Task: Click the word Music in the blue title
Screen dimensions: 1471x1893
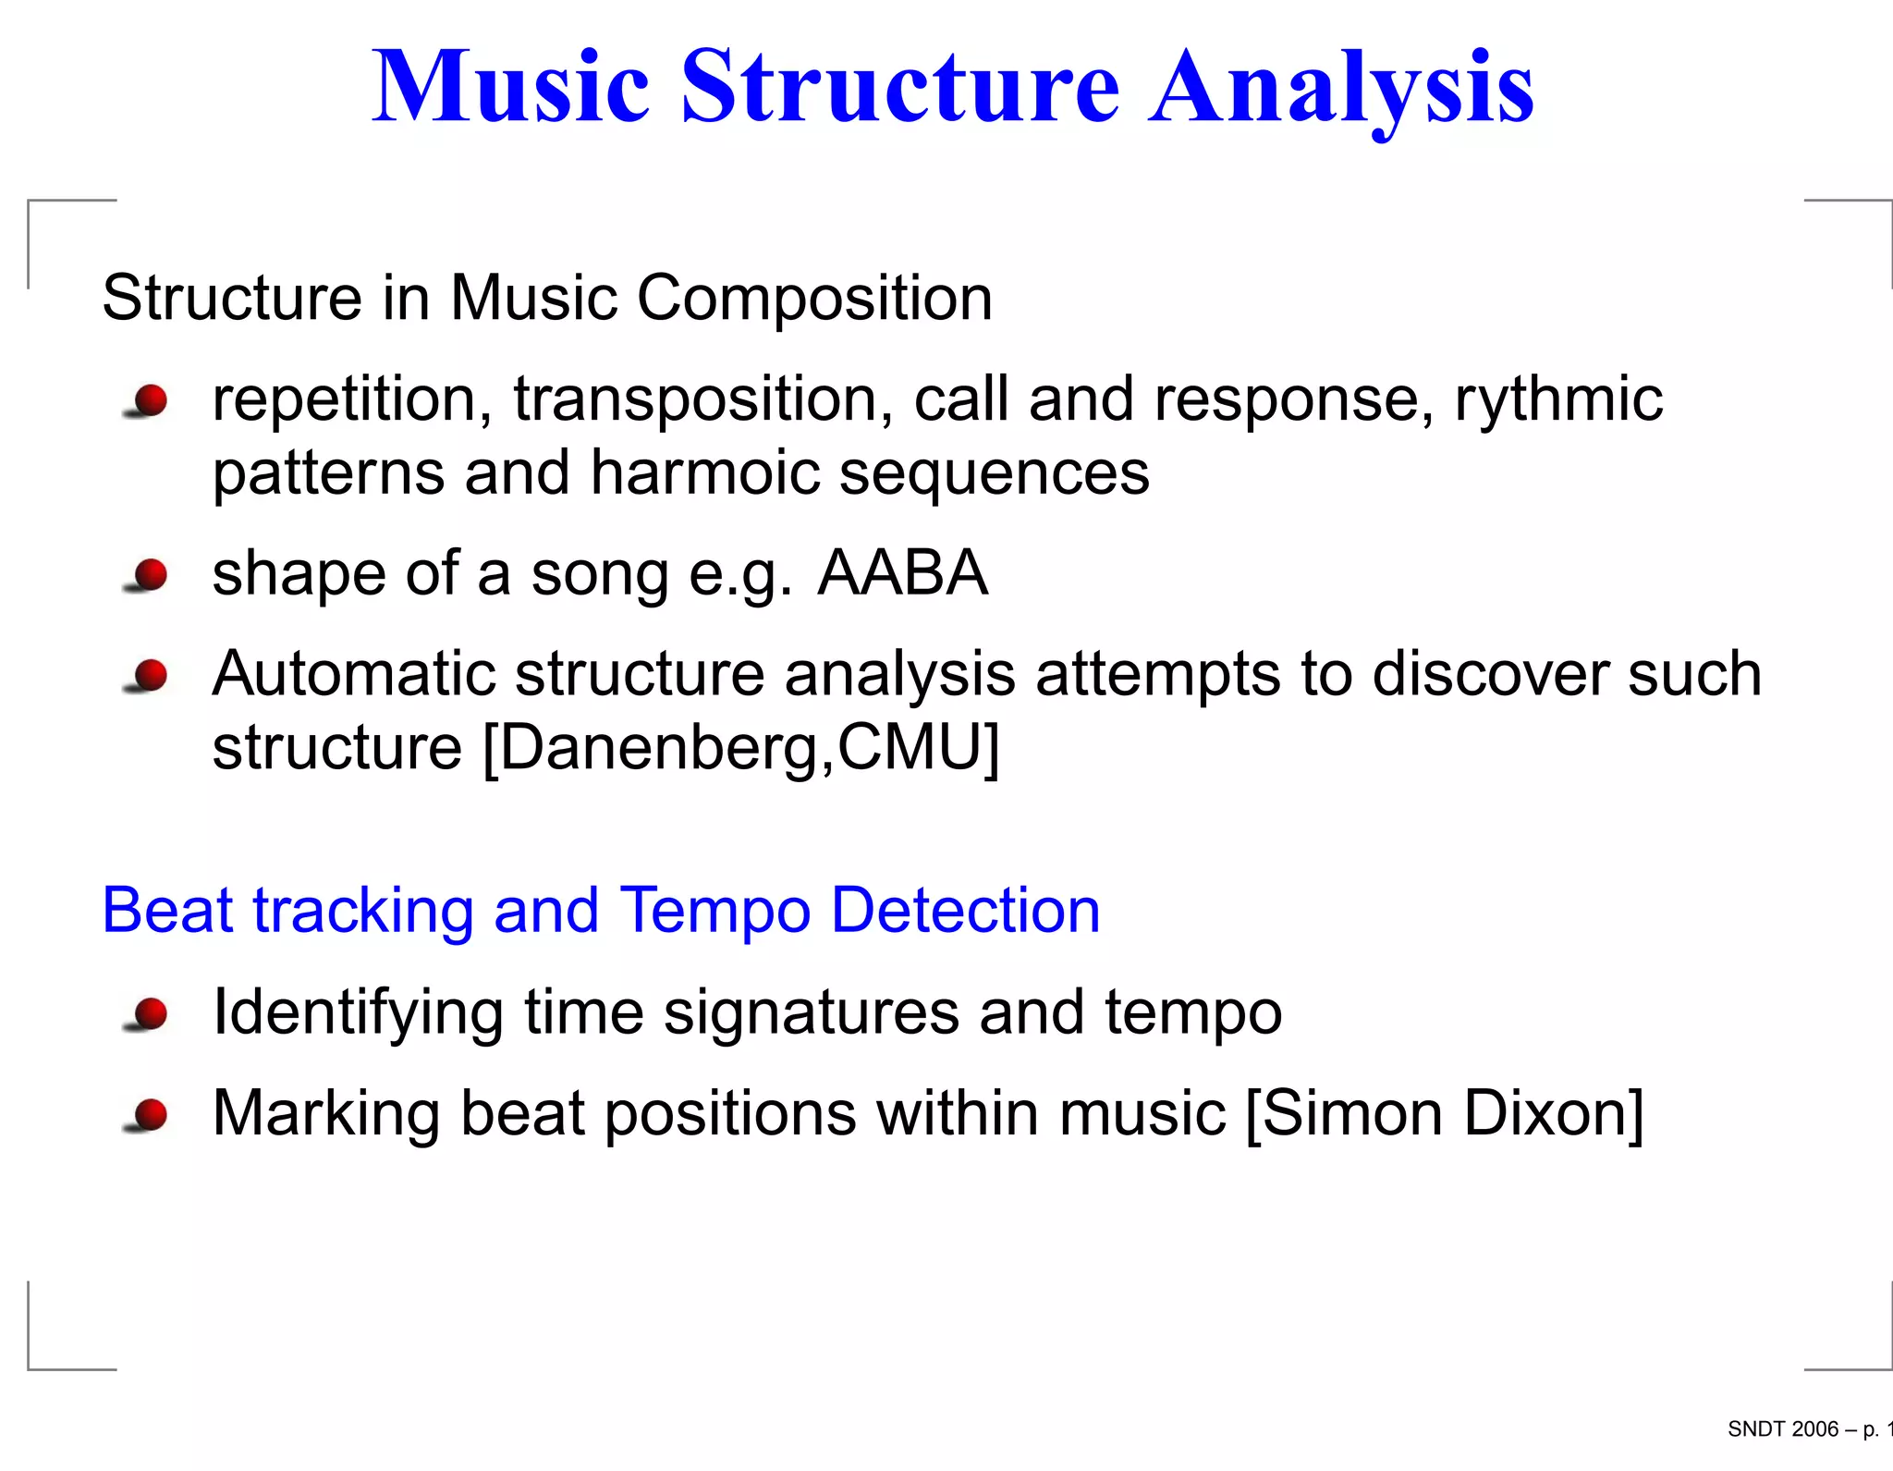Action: coord(510,88)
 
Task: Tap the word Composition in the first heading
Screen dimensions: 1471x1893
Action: coord(814,299)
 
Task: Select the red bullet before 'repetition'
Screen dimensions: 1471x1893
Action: coord(148,402)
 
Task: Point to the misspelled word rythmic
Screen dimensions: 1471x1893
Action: coord(1558,399)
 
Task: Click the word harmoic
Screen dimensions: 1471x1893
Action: coord(704,472)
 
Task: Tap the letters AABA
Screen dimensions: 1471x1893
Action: coord(902,572)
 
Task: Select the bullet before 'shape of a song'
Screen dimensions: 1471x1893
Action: coord(148,575)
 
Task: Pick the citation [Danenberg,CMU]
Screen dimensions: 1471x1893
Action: coord(741,747)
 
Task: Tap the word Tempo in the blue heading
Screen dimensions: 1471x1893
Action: coord(714,911)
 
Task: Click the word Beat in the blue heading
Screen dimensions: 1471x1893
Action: coord(167,911)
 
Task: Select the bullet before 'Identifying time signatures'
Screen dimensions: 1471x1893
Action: coord(148,1014)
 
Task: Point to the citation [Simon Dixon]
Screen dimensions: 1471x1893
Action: coord(1445,1113)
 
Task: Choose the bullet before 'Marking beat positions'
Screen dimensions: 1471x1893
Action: coord(148,1115)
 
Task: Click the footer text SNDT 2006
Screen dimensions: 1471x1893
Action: coord(1782,1429)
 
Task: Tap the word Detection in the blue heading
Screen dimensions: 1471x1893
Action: coord(965,911)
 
